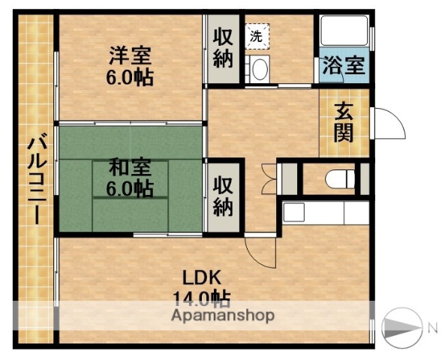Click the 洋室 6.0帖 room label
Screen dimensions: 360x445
click(x=131, y=66)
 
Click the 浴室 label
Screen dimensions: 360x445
click(x=343, y=66)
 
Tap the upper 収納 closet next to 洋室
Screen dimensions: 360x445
click(x=223, y=48)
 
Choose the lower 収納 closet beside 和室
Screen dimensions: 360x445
click(x=223, y=194)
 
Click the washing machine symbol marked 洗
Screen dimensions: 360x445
click(x=256, y=34)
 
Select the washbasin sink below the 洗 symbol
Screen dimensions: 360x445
click(x=259, y=70)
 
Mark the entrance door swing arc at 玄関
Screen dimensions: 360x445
click(x=388, y=122)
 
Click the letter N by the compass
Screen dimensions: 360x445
click(x=432, y=327)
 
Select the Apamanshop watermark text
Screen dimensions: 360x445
click(x=223, y=316)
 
